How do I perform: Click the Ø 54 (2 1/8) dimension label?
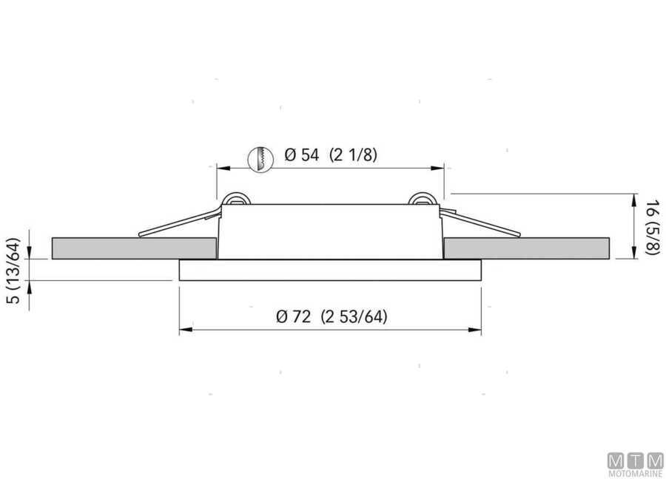coord(331,154)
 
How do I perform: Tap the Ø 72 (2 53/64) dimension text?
coord(332,316)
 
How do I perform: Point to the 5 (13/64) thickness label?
coord(13,271)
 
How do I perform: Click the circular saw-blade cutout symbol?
coord(260,159)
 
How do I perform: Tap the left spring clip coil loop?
coord(236,200)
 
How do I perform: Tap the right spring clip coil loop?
coord(423,200)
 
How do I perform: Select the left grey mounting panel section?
coord(134,248)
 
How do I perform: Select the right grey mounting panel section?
coord(527,248)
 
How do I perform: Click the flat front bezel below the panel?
coord(330,271)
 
